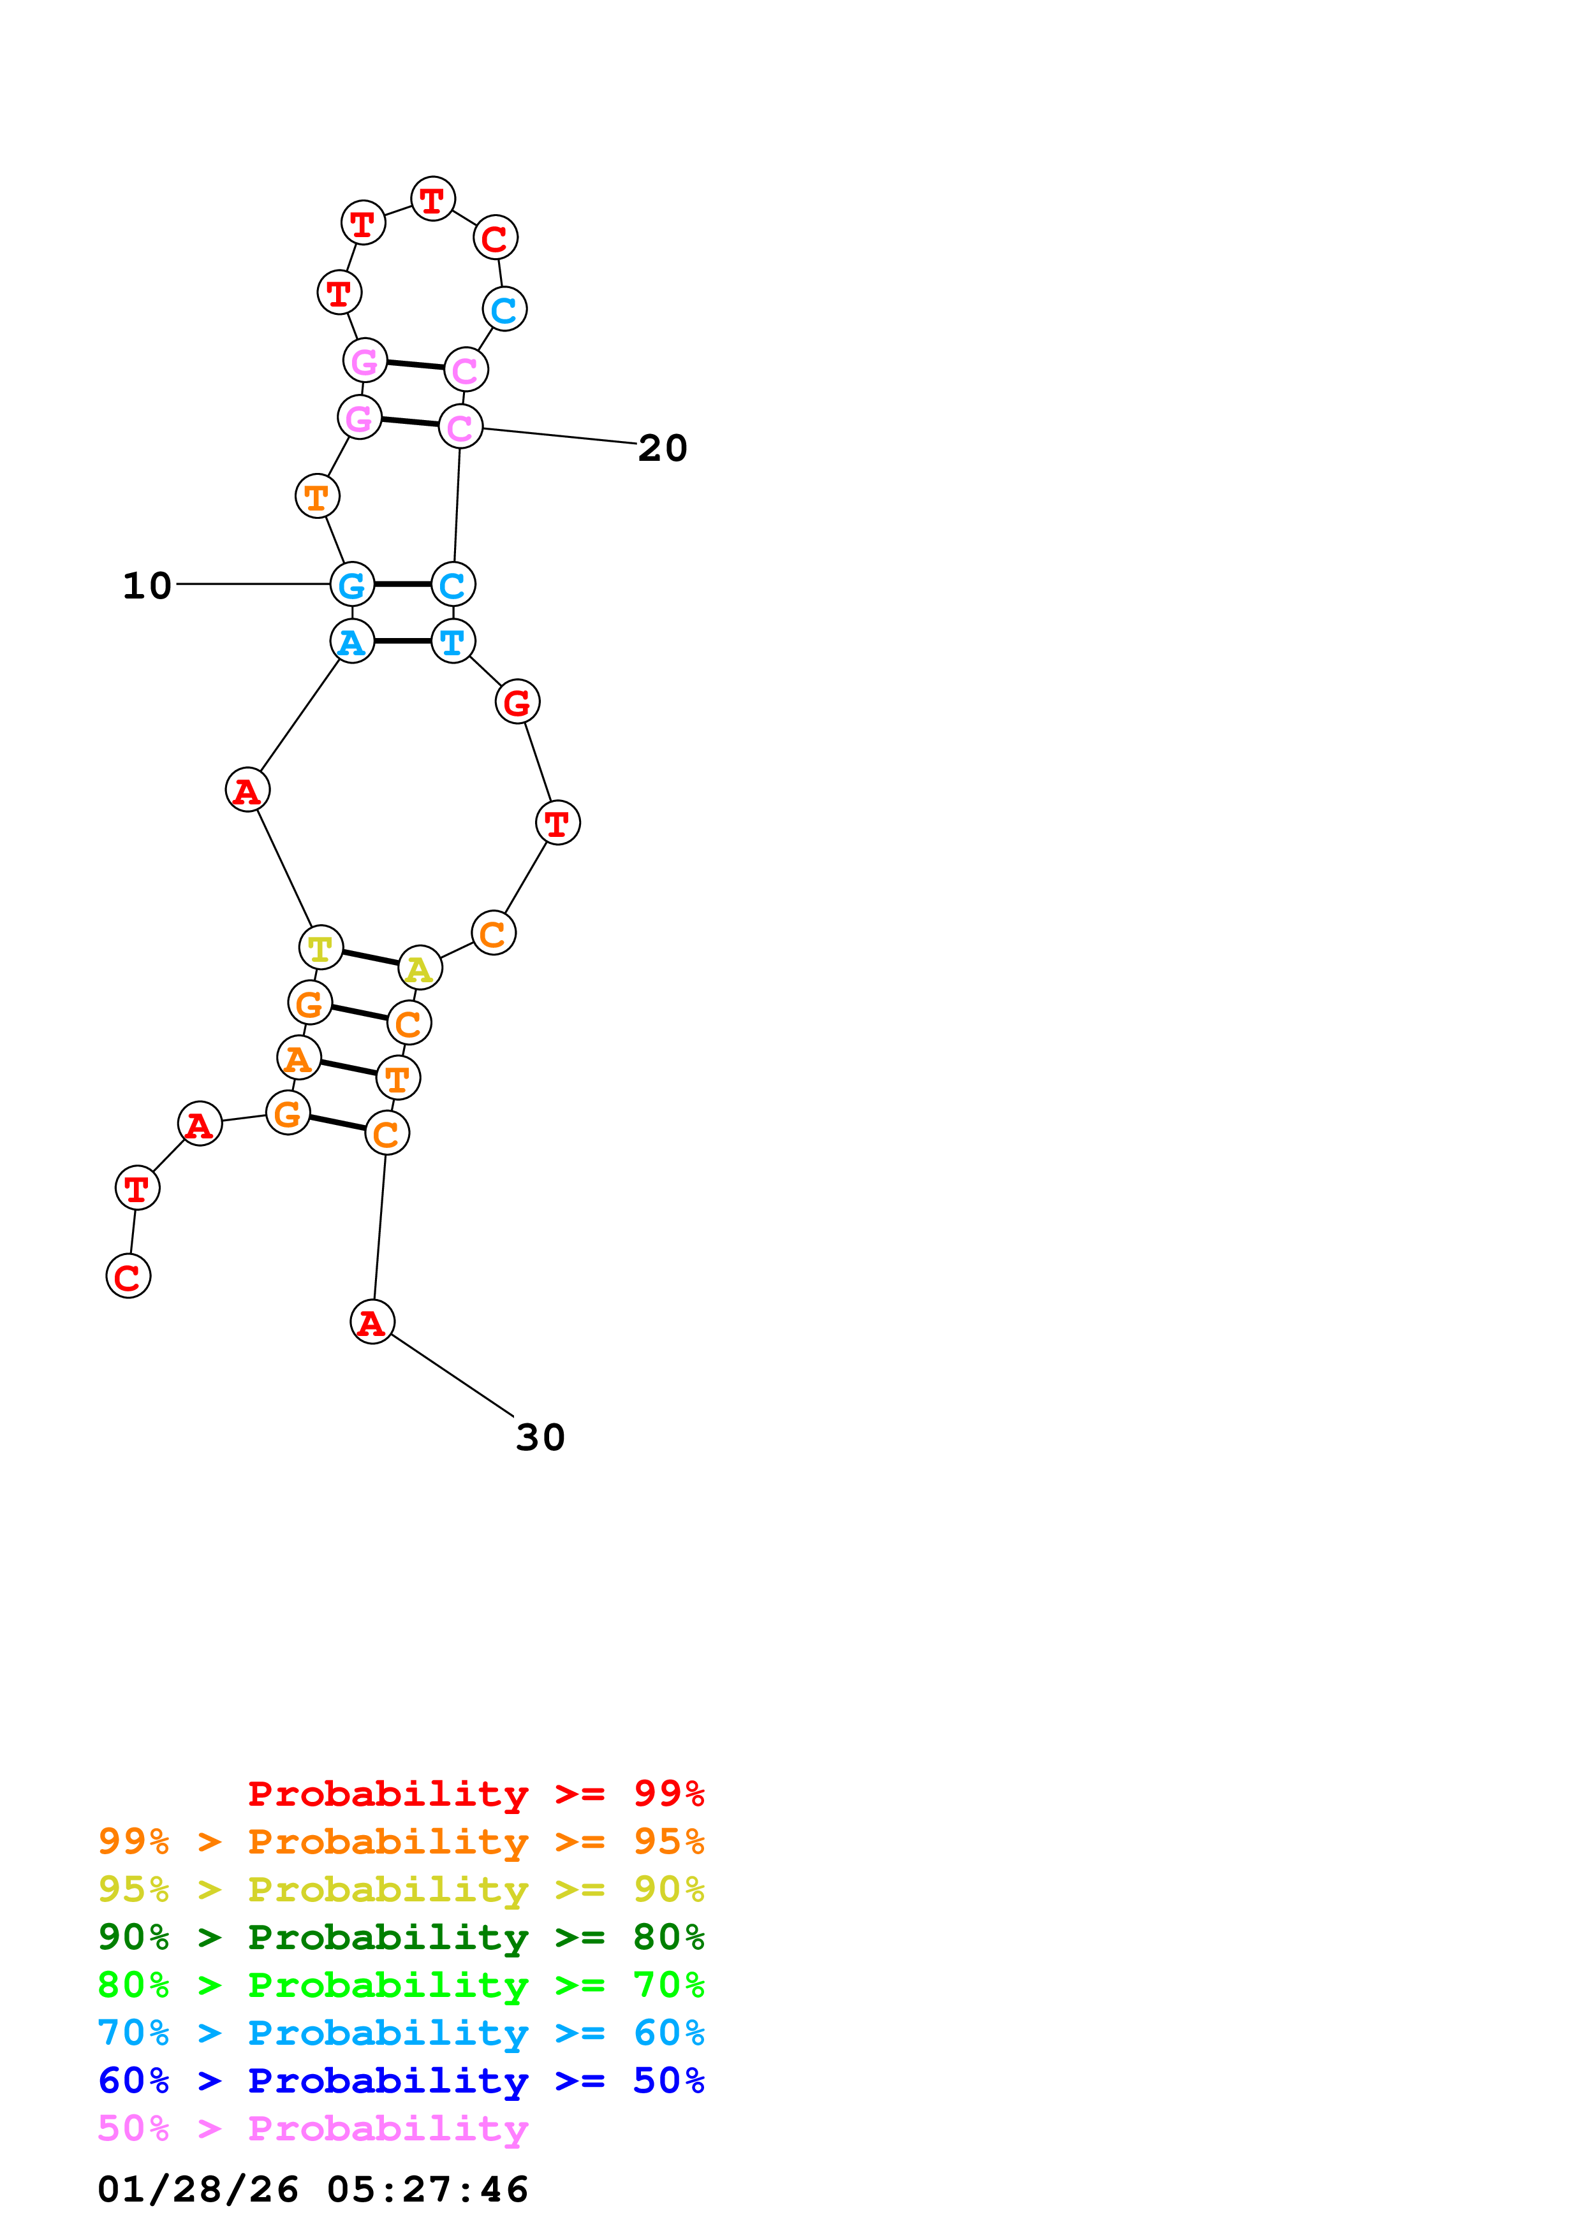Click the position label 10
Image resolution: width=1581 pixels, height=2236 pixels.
147,585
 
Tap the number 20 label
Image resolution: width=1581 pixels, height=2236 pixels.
663,448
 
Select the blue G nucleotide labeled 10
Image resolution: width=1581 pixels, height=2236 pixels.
351,584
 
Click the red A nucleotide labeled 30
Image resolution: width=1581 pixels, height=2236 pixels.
372,1321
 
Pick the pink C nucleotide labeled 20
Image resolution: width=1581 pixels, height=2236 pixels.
460,426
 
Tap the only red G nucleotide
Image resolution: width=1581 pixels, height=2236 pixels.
517,701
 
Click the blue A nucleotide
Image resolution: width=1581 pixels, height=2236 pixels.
351,641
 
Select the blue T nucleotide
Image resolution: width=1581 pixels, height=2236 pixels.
453,641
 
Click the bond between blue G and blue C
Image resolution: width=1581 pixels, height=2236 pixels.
402,584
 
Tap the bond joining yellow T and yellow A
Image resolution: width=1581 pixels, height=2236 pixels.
370,957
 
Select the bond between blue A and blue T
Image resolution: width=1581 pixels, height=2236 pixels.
402,641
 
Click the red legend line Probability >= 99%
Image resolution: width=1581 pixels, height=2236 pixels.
475,1793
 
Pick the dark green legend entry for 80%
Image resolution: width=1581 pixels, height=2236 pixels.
401,1936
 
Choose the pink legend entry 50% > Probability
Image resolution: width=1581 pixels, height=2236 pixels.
313,2128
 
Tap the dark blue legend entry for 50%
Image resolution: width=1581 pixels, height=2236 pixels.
401,2080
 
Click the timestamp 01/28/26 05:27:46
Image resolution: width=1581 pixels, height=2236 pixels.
313,2188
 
